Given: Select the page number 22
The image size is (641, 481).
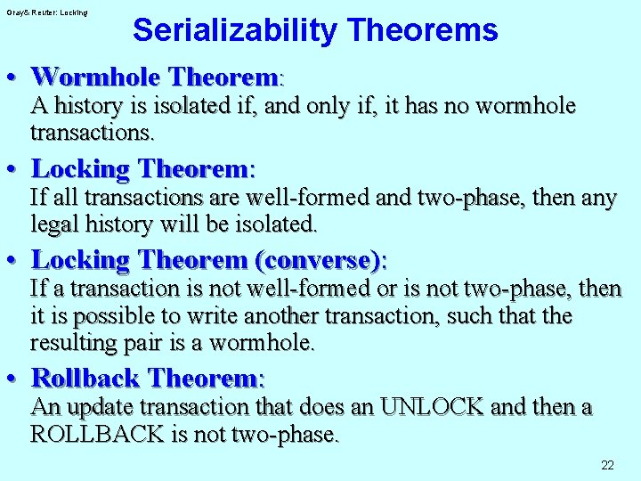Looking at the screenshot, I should (608, 465).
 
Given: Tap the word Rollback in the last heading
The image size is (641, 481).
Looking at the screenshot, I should (86, 378).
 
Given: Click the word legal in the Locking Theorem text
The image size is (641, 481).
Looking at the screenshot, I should (54, 224).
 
